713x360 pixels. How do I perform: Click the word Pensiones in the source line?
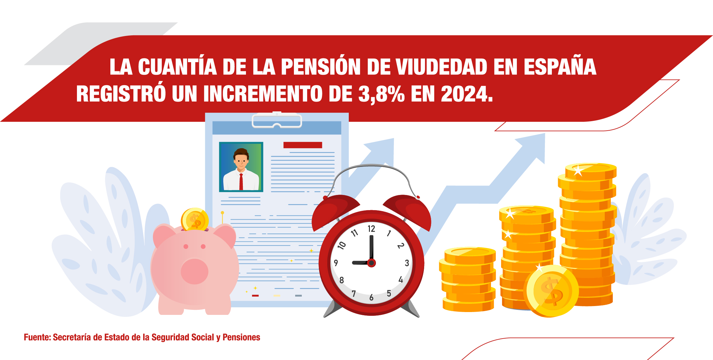[241, 337]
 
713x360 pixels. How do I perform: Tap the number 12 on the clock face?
[371, 229]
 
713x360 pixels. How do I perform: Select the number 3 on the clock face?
[407, 263]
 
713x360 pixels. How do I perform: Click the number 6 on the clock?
[371, 298]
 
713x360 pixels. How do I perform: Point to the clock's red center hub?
[371, 263]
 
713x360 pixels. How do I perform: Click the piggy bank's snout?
[195, 271]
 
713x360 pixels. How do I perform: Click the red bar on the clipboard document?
[303, 145]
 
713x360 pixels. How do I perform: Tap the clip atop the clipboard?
[277, 121]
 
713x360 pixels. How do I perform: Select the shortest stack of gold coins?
[468, 280]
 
